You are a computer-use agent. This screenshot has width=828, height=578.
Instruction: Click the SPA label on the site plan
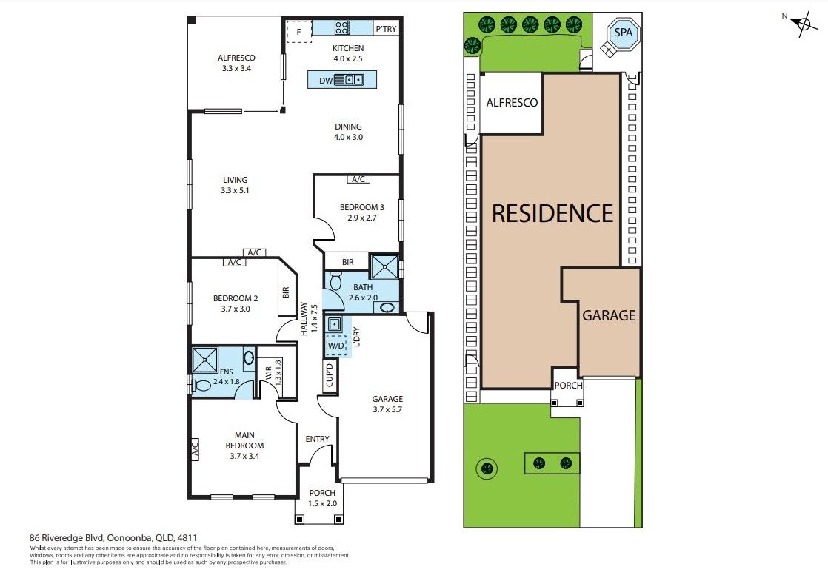[x=623, y=33]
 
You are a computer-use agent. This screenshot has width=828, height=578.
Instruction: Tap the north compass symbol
[x=804, y=24]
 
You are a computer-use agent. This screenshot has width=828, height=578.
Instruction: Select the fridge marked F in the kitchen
[x=299, y=32]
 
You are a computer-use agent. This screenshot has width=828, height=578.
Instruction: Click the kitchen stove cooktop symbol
[x=341, y=27]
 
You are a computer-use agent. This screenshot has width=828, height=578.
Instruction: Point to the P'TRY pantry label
[x=386, y=29]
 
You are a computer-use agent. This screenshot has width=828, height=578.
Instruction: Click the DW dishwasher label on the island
[x=326, y=81]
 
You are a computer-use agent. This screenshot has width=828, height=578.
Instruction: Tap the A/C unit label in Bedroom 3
[x=358, y=180]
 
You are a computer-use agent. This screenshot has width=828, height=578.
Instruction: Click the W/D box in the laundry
[x=335, y=346]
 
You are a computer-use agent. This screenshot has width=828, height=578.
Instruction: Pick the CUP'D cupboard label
[x=330, y=375]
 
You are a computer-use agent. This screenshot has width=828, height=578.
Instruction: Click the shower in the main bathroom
[x=384, y=267]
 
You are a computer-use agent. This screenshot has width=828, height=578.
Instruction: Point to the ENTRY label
[x=318, y=439]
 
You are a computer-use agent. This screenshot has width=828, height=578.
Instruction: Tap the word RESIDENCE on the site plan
[x=553, y=213]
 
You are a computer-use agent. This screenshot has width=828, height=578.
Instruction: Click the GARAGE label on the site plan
[x=609, y=316]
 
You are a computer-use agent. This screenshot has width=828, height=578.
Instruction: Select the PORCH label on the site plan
[x=568, y=386]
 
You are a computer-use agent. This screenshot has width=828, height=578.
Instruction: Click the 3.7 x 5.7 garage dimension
[x=387, y=409]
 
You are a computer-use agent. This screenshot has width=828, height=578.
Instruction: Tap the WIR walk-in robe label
[x=268, y=373]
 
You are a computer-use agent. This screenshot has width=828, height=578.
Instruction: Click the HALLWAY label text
[x=304, y=318]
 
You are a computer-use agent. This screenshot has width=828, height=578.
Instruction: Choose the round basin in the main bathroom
[x=388, y=308]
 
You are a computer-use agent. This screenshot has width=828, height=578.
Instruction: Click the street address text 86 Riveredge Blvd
[x=67, y=538]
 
